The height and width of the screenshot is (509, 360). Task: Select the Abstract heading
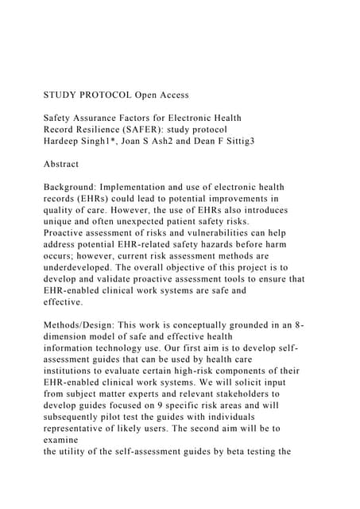pyautogui.click(x=61, y=164)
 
